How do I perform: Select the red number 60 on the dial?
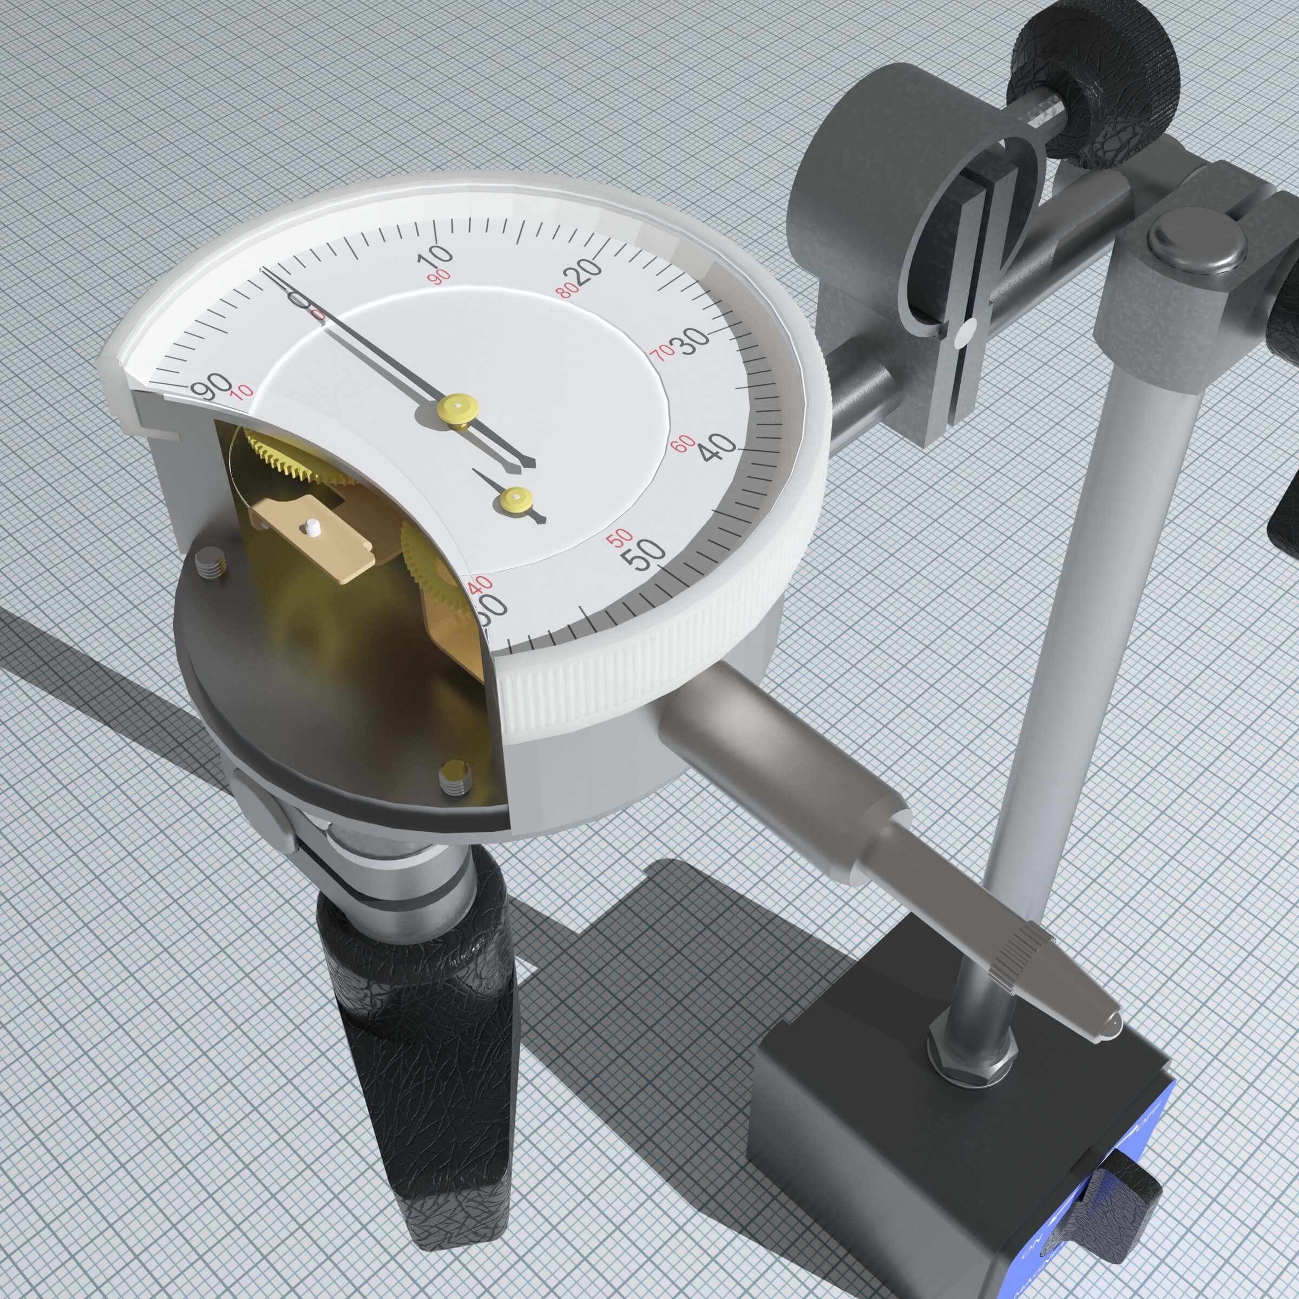point(683,443)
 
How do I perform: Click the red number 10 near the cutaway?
point(242,391)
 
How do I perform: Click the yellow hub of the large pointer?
point(458,407)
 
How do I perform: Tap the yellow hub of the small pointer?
point(516,499)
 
